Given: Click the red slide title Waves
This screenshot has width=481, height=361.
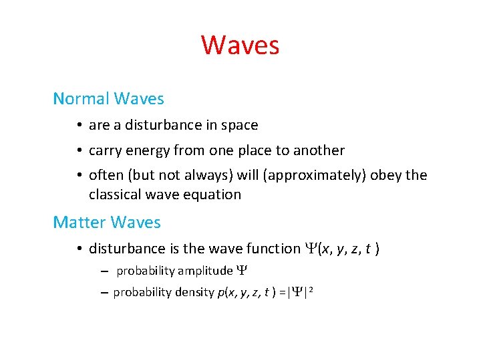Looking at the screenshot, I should click(240, 45).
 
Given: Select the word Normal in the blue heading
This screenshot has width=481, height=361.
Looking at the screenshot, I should click(81, 99).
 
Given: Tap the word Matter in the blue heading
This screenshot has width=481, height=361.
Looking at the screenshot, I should click(79, 222).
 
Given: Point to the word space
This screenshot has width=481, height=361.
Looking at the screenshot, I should click(240, 126).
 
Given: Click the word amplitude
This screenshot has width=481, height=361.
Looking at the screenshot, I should click(204, 271).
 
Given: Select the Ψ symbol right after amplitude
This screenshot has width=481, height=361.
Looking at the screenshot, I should click(242, 271).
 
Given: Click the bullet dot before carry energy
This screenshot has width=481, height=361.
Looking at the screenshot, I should click(79, 151).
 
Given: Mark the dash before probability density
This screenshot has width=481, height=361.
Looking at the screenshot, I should click(105, 293).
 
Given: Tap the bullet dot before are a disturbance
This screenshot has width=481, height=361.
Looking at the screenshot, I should click(79, 126).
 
